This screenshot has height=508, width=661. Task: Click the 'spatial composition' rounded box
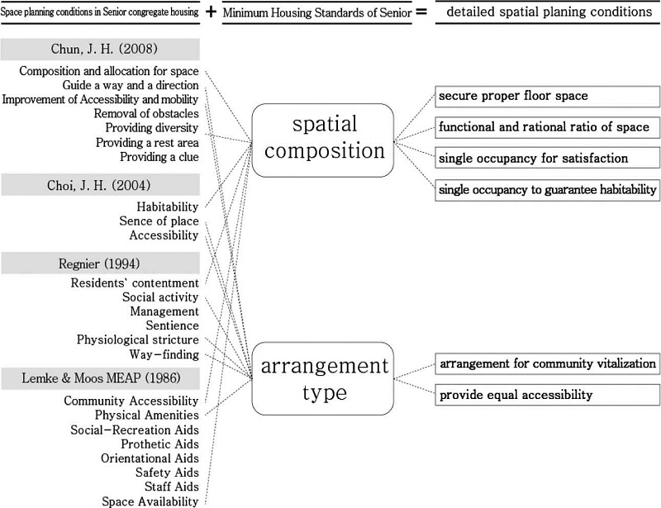click(323, 140)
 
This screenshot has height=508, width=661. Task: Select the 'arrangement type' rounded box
click(323, 378)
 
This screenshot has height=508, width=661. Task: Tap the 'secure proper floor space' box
click(547, 97)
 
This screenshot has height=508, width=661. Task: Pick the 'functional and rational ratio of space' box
click(547, 127)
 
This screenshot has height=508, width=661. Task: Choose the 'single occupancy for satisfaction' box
click(547, 159)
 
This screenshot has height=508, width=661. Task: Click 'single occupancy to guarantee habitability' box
click(547, 190)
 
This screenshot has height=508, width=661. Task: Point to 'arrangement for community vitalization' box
click(547, 363)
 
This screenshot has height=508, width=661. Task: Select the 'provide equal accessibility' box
click(547, 395)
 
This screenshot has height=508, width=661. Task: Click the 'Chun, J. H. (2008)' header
click(100, 50)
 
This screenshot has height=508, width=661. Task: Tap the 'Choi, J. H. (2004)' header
click(100, 185)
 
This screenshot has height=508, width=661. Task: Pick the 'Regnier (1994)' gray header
click(100, 263)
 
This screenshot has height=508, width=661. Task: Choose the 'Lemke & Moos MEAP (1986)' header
click(100, 378)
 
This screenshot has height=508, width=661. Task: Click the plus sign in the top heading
click(211, 12)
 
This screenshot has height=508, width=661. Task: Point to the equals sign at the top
click(421, 12)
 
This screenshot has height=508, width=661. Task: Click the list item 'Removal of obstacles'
click(146, 113)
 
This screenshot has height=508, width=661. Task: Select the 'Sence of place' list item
click(159, 221)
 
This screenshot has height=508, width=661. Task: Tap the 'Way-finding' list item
click(164, 354)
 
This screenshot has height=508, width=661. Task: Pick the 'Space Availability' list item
click(150, 501)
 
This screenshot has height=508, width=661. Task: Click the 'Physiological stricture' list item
click(137, 339)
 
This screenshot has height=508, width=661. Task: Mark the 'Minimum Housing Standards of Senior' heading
click(317, 12)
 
